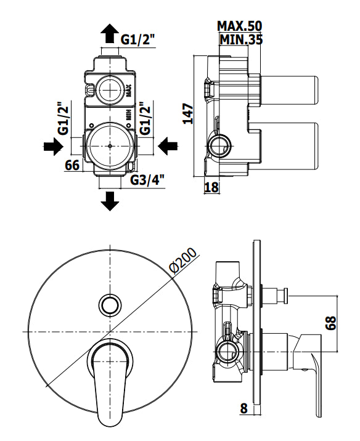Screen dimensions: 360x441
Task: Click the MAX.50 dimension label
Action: [240, 26]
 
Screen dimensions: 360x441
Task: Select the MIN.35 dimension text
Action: [241, 39]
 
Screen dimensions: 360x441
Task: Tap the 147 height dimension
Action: [188, 114]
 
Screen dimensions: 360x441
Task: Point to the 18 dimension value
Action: [211, 187]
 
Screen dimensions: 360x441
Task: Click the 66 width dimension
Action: [72, 165]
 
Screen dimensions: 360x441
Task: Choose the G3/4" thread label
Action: [147, 180]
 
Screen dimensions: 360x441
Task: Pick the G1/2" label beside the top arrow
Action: [138, 39]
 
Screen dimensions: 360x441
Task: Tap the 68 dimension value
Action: [331, 323]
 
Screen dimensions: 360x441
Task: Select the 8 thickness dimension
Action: [243, 408]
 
